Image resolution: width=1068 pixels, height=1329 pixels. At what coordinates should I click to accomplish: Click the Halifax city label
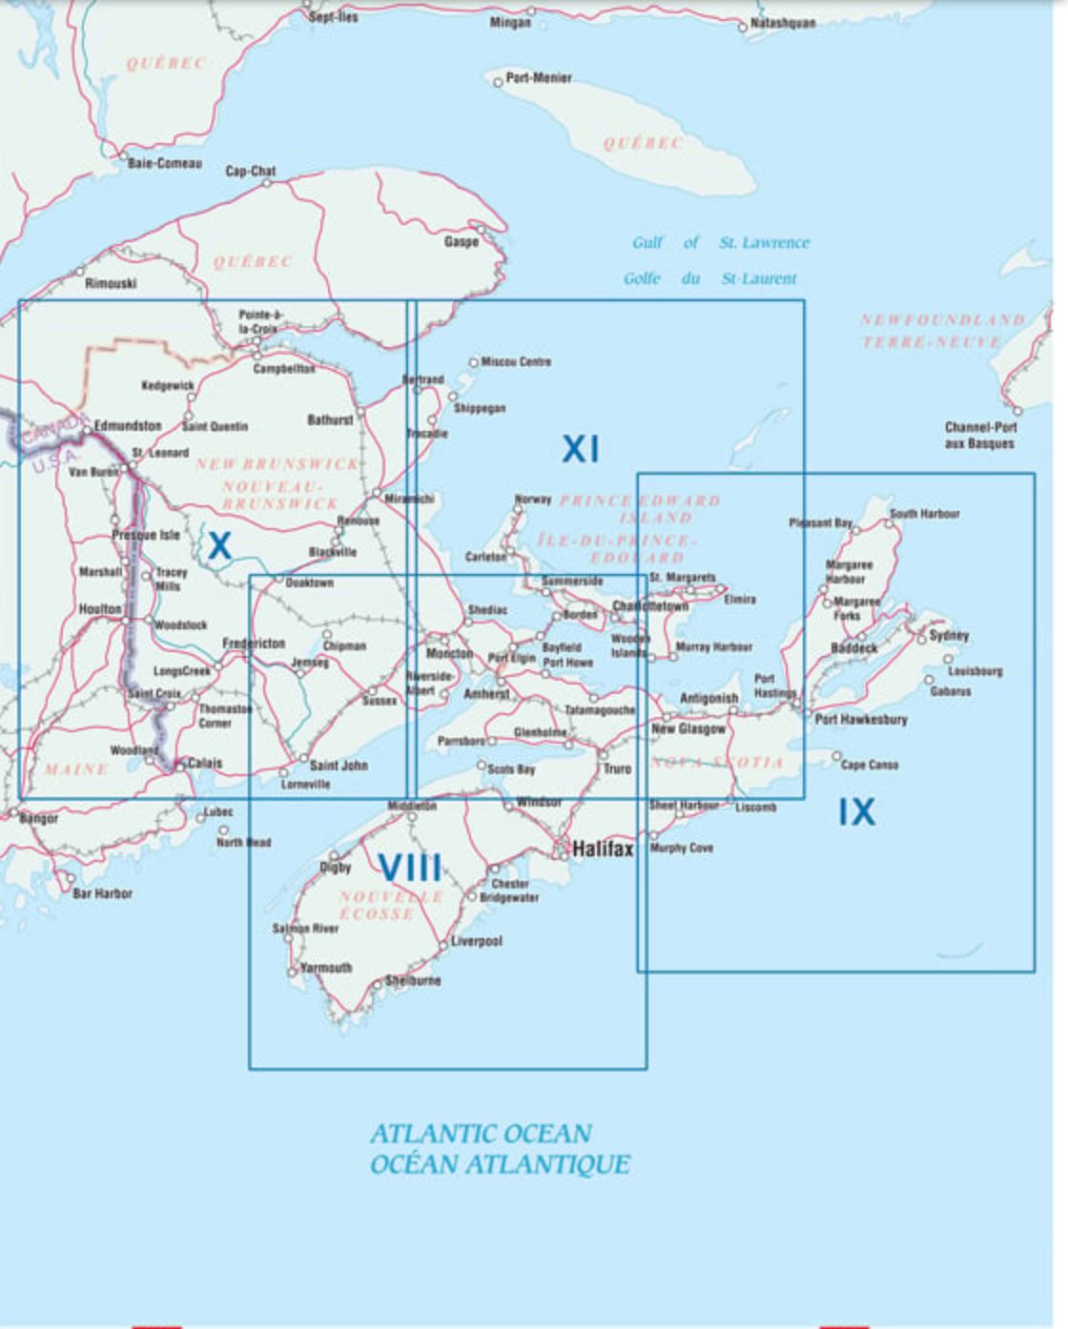click(602, 849)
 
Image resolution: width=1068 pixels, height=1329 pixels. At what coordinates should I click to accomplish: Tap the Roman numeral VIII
click(410, 867)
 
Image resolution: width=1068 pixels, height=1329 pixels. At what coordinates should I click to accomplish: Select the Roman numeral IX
click(856, 811)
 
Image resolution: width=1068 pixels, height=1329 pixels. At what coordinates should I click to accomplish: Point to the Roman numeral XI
click(580, 448)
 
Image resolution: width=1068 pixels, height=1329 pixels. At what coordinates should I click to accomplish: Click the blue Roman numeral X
click(219, 545)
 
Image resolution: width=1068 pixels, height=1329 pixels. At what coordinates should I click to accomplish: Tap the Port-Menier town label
click(538, 78)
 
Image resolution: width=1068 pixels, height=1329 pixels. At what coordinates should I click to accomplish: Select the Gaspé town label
click(462, 241)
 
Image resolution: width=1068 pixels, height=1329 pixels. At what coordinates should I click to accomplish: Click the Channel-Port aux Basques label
click(980, 435)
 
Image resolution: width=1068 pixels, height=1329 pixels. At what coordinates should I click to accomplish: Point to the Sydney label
click(949, 635)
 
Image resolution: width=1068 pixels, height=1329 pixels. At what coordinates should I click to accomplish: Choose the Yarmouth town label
click(326, 968)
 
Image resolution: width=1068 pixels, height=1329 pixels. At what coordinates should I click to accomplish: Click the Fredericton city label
click(254, 644)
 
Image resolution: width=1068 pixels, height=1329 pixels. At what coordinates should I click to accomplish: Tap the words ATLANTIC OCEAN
click(481, 1134)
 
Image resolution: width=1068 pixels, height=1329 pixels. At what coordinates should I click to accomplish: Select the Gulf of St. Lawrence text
click(720, 243)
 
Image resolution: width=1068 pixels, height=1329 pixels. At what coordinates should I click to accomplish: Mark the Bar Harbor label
click(102, 893)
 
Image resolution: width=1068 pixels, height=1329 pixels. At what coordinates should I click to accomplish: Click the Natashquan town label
click(782, 23)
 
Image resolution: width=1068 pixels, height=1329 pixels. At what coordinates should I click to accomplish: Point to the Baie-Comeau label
click(165, 163)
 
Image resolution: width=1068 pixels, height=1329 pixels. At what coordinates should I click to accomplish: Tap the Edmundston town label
click(127, 425)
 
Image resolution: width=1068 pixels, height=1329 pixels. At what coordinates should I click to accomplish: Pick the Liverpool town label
click(476, 941)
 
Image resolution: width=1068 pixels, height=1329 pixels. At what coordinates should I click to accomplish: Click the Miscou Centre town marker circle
click(473, 362)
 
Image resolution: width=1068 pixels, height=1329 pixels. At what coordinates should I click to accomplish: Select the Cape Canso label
click(869, 765)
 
